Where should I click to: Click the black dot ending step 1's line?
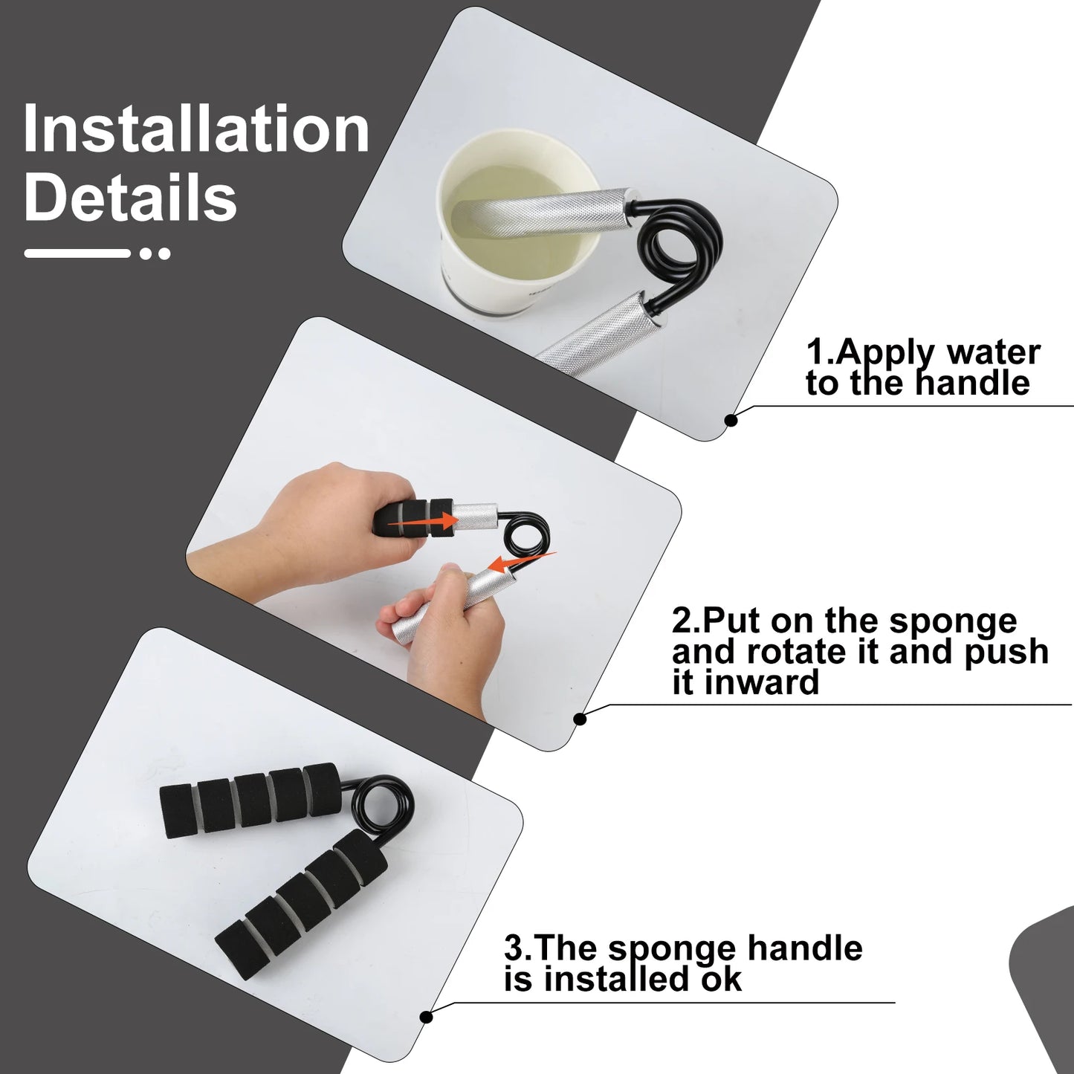732,421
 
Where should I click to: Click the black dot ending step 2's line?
580,719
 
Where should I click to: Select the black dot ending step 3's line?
427,1018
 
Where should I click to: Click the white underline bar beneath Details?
77,253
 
